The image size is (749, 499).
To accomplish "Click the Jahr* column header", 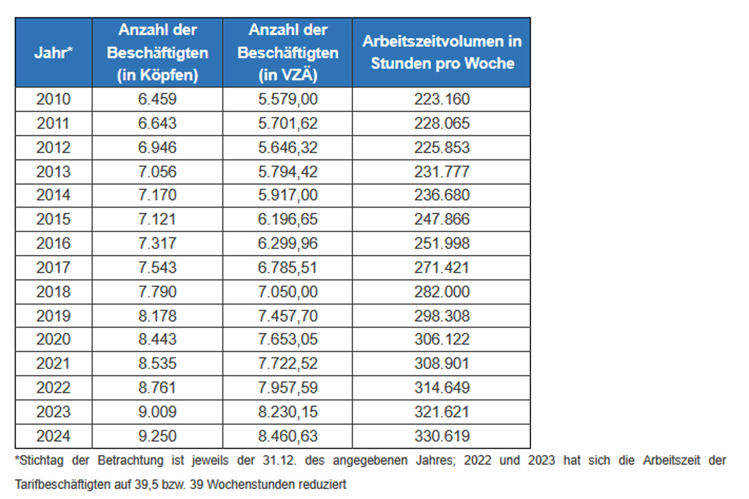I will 53,53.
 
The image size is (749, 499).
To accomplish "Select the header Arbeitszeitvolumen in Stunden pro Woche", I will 442,53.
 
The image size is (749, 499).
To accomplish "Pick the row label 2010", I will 53,99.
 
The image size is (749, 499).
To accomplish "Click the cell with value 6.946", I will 157,147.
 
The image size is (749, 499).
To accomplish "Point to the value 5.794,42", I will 288,172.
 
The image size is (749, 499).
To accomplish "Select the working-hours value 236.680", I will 442,195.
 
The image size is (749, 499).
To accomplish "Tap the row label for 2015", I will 53,219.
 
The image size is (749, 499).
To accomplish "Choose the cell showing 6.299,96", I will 288,243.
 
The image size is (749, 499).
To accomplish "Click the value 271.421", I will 442,267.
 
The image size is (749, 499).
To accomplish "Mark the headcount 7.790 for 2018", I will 157,292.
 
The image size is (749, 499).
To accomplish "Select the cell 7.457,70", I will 288,316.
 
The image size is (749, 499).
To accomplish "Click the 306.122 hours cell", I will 442,339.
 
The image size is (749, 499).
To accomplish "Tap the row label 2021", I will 53,363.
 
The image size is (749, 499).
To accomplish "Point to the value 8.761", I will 157,388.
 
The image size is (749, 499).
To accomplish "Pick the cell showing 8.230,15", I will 288,412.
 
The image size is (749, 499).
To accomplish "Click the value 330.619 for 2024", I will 442,436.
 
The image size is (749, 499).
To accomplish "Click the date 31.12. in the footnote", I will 279,460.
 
